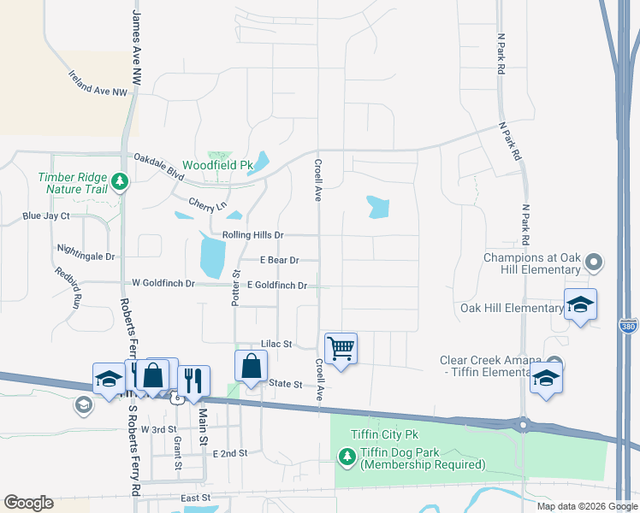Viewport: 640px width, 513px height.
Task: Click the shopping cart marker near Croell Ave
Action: point(341,348)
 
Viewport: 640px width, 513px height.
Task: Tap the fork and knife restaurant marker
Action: point(194,380)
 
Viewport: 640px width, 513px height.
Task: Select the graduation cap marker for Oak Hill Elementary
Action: point(580,305)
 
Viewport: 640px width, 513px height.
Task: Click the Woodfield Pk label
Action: point(218,164)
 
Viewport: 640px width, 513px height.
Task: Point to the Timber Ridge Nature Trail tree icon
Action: point(121,181)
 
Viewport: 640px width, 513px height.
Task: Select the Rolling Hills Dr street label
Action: point(252,235)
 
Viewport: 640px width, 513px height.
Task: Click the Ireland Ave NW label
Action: point(98,84)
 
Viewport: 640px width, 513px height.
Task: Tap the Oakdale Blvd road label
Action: point(159,162)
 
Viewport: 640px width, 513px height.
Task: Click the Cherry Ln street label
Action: point(208,205)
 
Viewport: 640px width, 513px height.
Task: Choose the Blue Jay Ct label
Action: point(46,216)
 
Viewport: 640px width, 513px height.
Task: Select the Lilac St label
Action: point(277,344)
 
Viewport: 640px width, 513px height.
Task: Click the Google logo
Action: point(28,503)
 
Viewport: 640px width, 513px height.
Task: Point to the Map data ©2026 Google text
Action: point(586,506)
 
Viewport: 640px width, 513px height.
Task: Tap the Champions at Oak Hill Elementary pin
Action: point(597,262)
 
